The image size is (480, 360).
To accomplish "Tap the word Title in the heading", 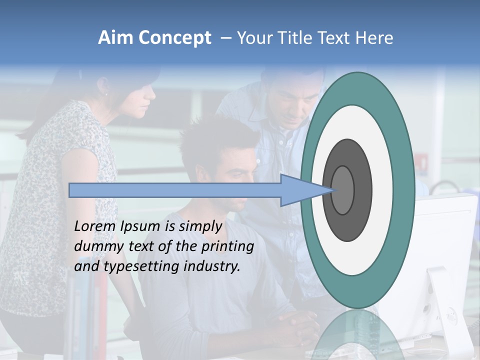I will pos(293,38).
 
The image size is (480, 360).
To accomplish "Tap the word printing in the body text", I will pos(227,247).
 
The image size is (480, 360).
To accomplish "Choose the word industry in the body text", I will pos(212,266).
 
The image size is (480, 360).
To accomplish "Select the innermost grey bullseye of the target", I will pos(343,190).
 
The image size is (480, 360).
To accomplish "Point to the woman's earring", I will pos(106,93).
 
